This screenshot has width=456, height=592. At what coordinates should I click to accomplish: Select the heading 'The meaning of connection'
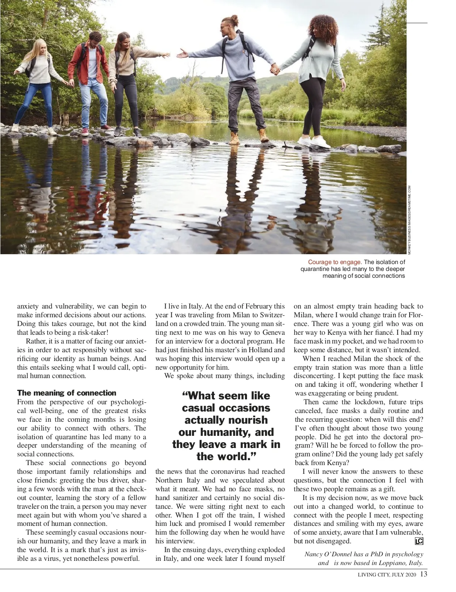coord(66,393)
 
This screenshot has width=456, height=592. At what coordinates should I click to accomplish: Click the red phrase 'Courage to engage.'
coord(335,262)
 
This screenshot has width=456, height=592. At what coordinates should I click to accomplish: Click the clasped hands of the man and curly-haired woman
coord(274,69)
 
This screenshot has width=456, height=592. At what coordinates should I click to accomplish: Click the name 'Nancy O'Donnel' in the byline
coord(328,554)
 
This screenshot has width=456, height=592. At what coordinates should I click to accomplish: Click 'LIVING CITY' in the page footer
coord(373,575)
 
